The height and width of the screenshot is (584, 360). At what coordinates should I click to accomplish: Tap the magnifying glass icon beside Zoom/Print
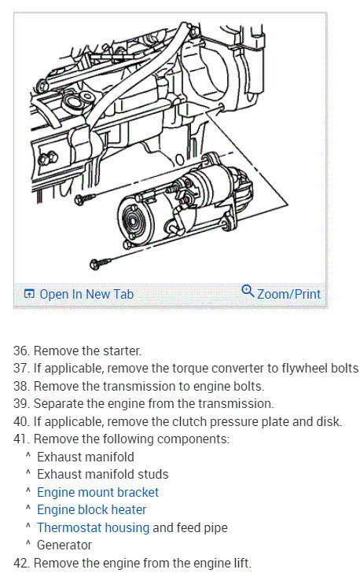248,292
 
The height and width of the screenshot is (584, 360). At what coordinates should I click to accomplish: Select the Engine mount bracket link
97,492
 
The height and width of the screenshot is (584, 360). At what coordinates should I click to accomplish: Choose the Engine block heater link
92,509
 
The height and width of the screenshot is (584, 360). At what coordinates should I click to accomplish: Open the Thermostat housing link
93,527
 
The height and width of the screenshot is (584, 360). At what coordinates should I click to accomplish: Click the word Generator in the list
64,545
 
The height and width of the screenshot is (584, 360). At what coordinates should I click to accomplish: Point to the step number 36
21,351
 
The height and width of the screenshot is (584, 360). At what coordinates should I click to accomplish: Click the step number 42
21,563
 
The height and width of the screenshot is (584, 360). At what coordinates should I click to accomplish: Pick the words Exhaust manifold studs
102,474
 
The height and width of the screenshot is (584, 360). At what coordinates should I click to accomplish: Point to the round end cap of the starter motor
133,221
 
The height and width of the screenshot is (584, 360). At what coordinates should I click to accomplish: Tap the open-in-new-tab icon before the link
29,294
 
